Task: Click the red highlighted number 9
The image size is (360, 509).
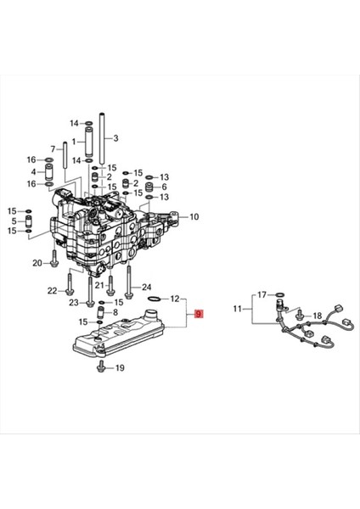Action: click(199, 314)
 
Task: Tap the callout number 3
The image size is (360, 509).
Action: click(116, 138)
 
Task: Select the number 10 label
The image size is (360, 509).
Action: click(194, 217)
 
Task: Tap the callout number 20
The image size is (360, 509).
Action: click(37, 263)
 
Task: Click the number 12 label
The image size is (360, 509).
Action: click(175, 299)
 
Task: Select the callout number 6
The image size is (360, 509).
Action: click(164, 187)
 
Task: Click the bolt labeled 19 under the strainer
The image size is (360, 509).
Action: click(102, 366)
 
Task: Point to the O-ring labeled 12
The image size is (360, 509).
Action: click(153, 299)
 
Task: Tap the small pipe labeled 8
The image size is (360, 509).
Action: click(102, 314)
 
